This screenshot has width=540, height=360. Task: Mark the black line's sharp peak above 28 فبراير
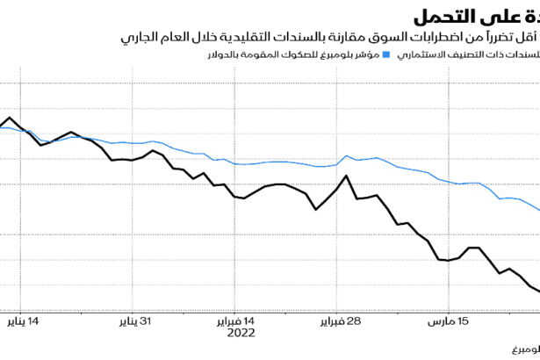348,176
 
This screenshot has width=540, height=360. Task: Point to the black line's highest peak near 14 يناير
10,117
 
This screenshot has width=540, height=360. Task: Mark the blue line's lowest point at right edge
537,209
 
